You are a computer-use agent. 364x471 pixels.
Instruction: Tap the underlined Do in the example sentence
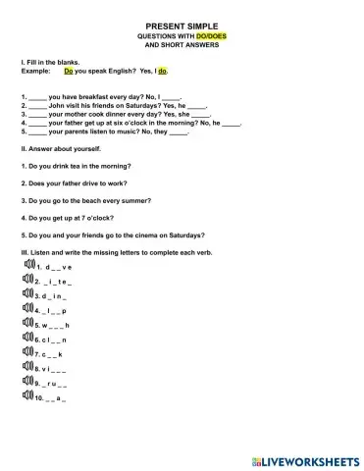[68, 72]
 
